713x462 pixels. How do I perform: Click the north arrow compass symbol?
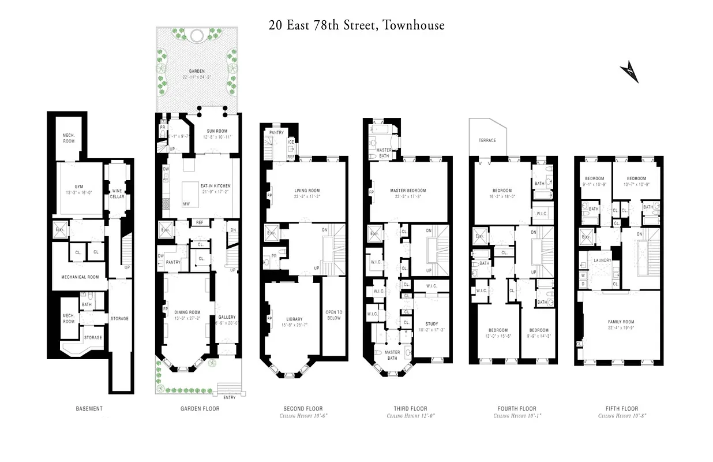point(629,73)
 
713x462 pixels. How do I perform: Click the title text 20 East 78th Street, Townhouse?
point(356,25)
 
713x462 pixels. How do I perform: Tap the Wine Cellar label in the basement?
point(117,193)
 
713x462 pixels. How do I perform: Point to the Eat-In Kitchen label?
point(215,186)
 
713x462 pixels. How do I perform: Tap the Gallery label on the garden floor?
point(227,317)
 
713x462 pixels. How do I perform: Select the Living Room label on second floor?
point(307,191)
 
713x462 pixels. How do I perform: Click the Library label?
point(294,319)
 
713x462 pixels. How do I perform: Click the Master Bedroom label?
point(408,191)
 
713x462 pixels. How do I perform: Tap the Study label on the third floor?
point(431,324)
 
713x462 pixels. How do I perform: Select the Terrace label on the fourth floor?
point(487,140)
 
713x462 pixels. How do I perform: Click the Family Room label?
point(621,322)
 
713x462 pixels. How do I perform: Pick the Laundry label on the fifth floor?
point(602,260)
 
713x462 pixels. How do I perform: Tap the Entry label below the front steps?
point(230,397)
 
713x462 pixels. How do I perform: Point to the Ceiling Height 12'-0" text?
point(411,416)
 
